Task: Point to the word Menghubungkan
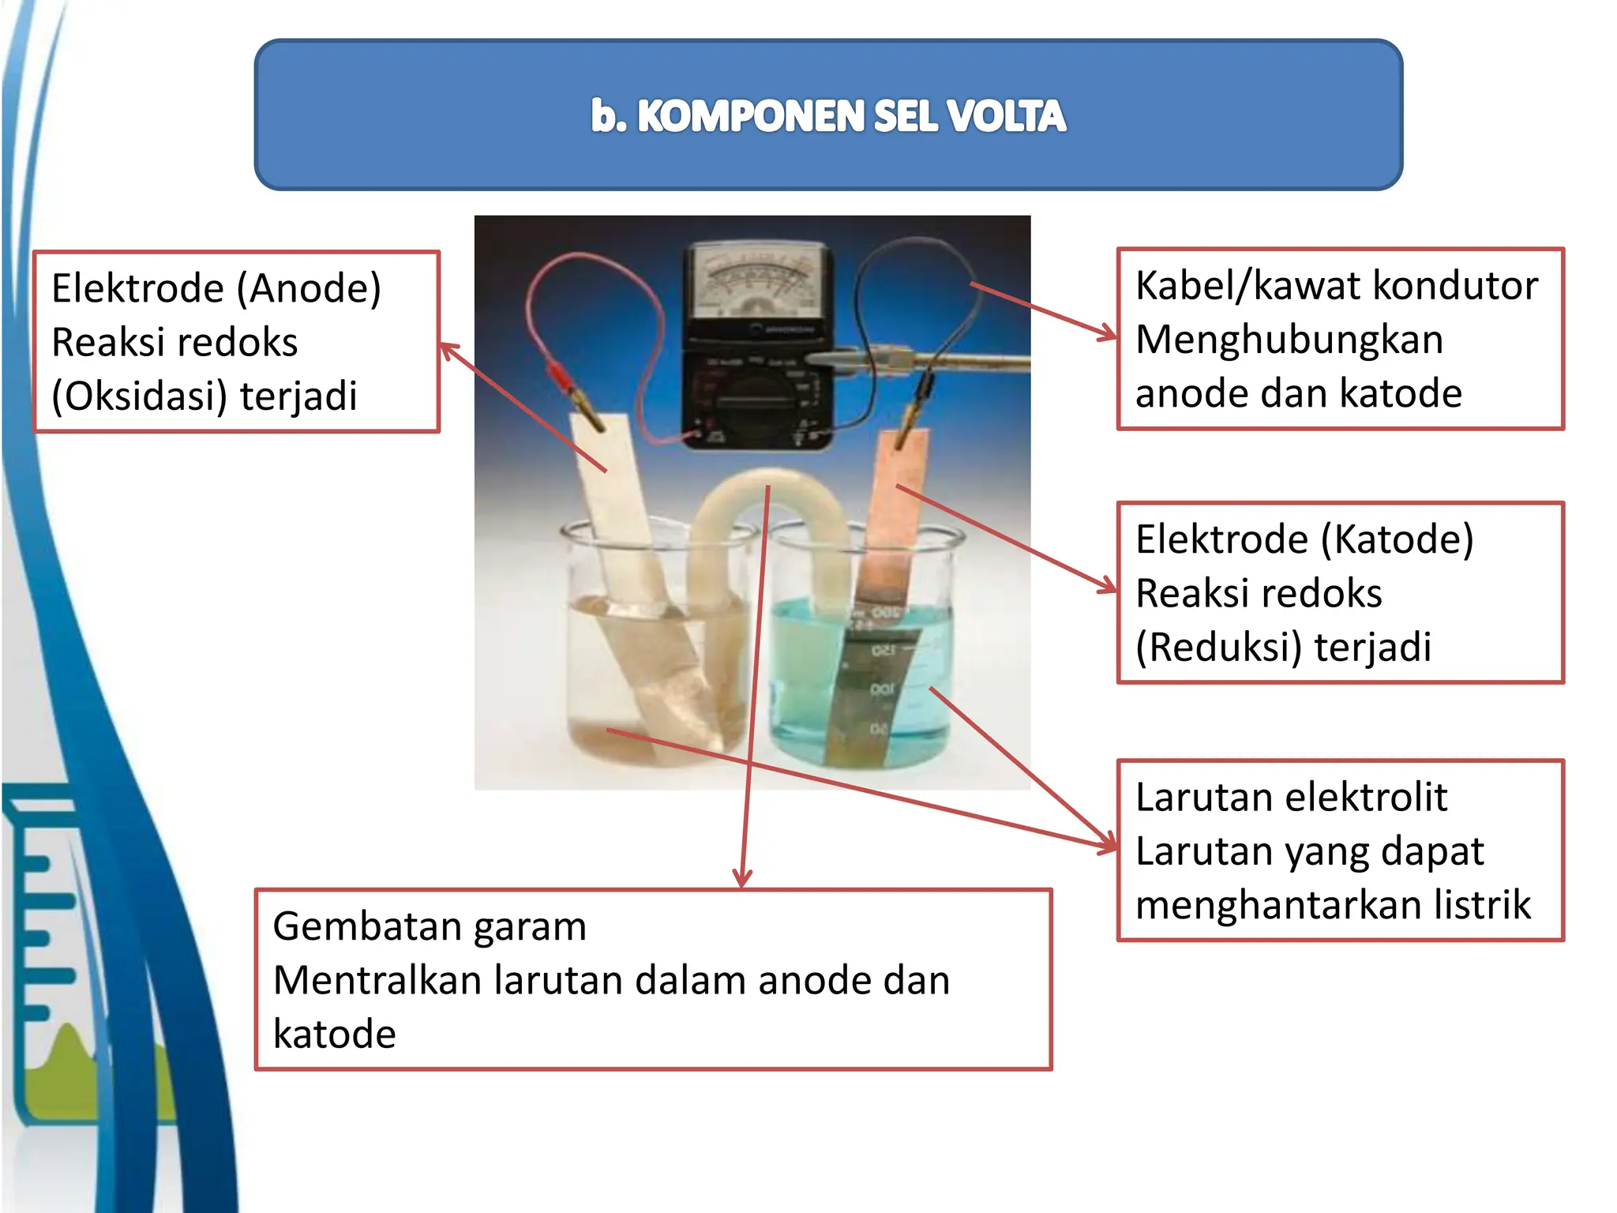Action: (x=1289, y=340)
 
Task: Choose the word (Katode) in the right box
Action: (x=1397, y=540)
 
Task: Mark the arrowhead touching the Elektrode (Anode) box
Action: (x=447, y=348)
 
